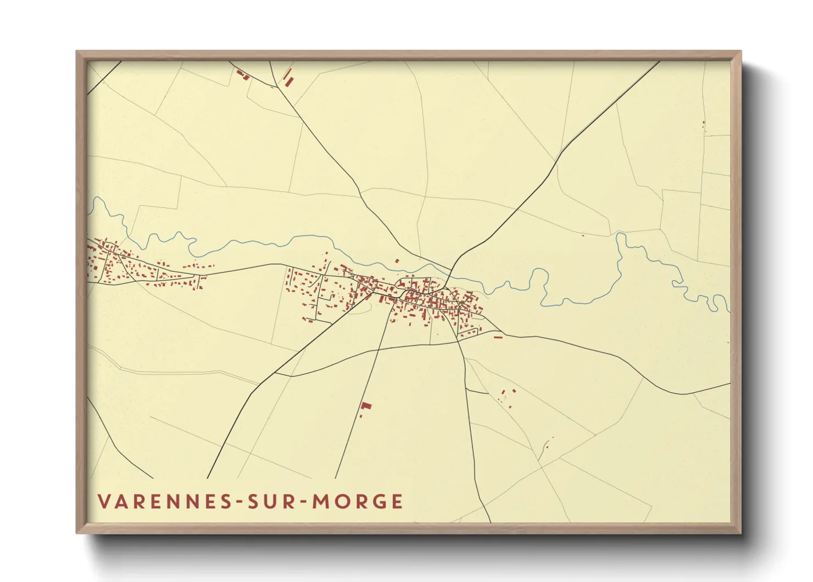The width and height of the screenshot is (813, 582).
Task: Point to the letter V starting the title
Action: pos(104,502)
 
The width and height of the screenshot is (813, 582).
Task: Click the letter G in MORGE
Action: pos(379,502)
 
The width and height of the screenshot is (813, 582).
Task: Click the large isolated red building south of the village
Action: pos(366,406)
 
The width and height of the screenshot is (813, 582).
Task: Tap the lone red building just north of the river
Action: pos(397,261)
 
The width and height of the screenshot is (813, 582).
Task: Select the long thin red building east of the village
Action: pos(498,337)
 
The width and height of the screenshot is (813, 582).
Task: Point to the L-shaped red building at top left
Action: pos(242,75)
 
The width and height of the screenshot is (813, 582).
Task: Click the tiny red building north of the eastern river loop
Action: pos(583,235)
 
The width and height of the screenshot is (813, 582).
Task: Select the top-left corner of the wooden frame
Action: pos(77,52)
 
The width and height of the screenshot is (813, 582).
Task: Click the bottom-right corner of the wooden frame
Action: pos(740,532)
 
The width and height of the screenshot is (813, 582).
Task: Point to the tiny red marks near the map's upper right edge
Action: pos(704,125)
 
